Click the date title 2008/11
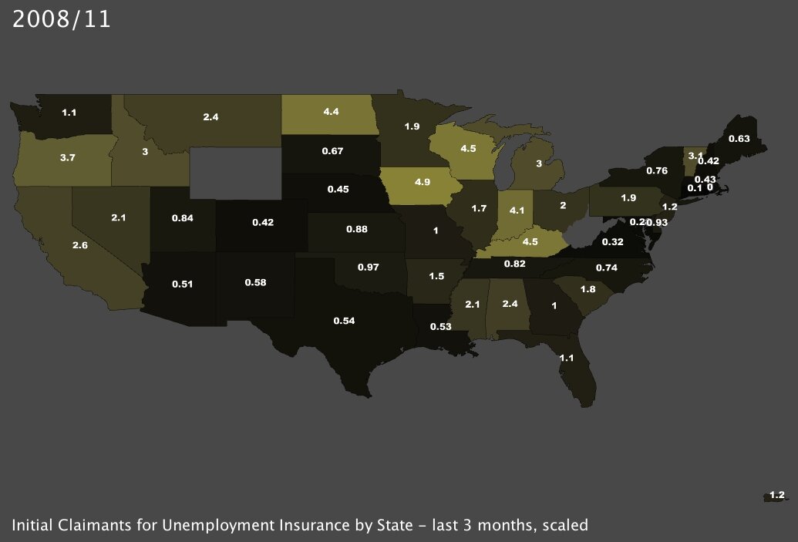(62, 19)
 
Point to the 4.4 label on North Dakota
(332, 113)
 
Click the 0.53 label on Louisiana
(440, 326)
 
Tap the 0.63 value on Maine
(739, 140)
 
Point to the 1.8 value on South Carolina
(588, 289)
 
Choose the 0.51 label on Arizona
(182, 284)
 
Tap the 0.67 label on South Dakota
(332, 150)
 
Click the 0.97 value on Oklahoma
(368, 267)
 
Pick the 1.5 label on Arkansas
(436, 276)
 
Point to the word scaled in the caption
(564, 526)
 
